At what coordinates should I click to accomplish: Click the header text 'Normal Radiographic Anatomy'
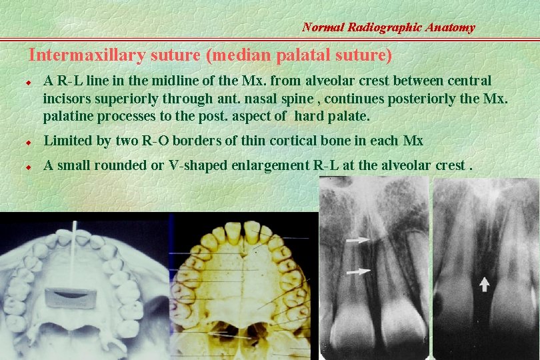tap(388, 27)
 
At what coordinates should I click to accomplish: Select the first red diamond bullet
tap(29, 83)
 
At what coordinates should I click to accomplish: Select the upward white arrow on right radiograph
tap(484, 284)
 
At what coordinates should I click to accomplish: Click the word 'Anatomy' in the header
tap(452, 27)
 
